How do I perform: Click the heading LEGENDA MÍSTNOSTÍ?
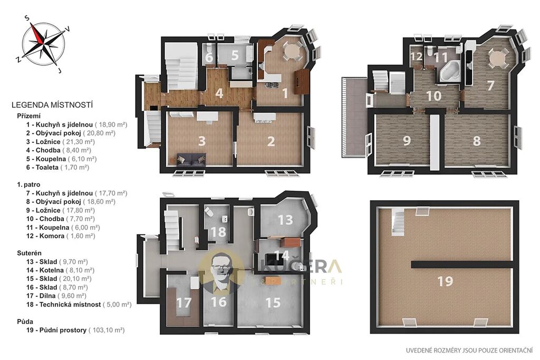coord(52,105)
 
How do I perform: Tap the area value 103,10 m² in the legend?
coord(107,330)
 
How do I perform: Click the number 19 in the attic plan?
coord(445,281)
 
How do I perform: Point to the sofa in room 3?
coord(191,159)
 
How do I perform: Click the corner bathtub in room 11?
coord(449,71)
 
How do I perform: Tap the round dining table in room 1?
coord(292,52)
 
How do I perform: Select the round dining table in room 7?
coord(497,57)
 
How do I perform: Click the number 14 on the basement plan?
coord(282,256)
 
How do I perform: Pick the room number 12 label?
coord(417,56)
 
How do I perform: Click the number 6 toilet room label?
coord(209,57)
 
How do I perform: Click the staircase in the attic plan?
coord(398,222)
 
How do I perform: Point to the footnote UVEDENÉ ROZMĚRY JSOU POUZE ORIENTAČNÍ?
coord(469,351)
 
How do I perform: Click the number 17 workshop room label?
coord(184,303)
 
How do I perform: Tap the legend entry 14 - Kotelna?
coord(60,270)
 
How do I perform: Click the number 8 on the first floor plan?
coord(476,141)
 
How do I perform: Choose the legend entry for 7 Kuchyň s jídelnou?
coord(76,193)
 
